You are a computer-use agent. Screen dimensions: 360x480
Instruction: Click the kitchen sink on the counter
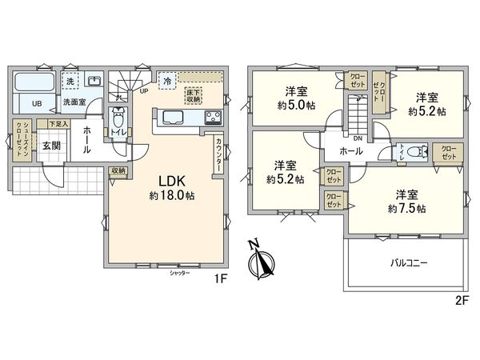pos(174,118)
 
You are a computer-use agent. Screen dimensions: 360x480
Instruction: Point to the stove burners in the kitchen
pos(214,118)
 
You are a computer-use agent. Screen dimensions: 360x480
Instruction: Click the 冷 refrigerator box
pos(167,81)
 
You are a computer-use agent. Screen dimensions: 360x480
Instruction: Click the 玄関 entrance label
pos(52,145)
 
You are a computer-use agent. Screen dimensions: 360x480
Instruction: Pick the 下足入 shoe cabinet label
pos(58,124)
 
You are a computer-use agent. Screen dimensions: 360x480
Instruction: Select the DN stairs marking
pos(358,138)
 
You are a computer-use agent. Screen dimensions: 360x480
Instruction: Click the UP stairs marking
pos(144,90)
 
